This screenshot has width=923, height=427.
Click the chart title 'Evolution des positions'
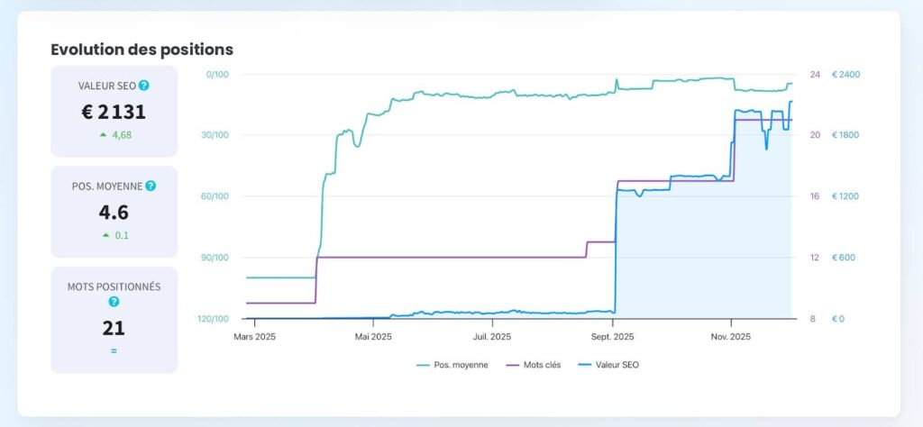coord(142,50)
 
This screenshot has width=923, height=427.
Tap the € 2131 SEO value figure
coord(114,112)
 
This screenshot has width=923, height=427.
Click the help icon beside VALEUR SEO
coord(144,86)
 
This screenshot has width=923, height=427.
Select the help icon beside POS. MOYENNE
coord(151,186)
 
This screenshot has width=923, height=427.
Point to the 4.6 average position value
coord(114,213)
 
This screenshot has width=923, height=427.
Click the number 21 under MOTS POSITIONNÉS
coord(114,328)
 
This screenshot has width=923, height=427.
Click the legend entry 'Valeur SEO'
coord(617,365)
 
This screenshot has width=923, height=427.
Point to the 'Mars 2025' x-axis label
coord(254,337)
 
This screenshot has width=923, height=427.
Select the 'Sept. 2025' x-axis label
coord(612,337)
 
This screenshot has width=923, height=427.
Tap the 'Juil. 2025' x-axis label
coord(493,337)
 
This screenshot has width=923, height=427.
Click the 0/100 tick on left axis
coord(217,74)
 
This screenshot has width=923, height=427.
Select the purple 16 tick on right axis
coord(815,196)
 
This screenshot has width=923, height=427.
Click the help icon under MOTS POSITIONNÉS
coord(114,302)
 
